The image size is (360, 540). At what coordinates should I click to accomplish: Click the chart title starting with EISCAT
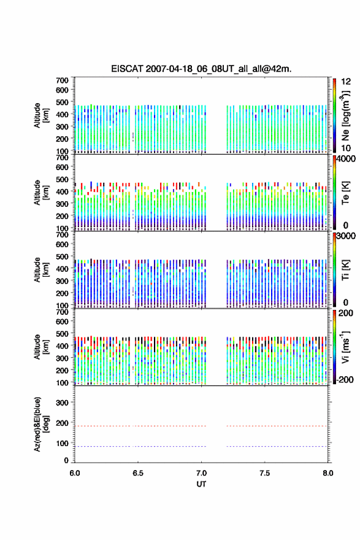[x=201, y=69]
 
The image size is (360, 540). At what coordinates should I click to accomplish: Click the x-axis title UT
[x=201, y=484]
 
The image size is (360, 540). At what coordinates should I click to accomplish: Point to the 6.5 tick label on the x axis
[x=138, y=473]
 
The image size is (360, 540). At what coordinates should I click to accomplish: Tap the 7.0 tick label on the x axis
[x=201, y=473]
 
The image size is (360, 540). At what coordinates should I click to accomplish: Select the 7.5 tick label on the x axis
[x=265, y=473]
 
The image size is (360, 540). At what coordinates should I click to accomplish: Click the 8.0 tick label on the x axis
[x=328, y=473]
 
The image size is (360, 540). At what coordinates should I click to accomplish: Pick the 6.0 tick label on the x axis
[x=75, y=473]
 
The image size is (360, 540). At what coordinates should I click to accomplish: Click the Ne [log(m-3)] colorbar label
[x=345, y=116]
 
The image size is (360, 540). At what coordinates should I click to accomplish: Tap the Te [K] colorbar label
[x=345, y=193]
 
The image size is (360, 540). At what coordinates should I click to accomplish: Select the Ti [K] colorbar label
[x=345, y=270]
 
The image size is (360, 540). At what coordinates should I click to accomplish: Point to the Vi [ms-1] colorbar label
[x=345, y=347]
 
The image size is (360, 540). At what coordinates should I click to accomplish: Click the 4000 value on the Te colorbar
[x=346, y=159]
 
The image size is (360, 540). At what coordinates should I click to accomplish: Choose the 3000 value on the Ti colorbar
[x=346, y=236]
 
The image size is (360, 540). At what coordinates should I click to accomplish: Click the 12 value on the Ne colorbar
[x=346, y=82]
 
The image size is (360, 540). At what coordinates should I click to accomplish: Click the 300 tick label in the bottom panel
[x=62, y=403]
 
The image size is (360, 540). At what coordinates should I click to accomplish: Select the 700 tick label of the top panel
[x=62, y=80]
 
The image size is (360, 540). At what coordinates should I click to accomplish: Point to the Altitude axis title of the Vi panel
[x=41, y=347]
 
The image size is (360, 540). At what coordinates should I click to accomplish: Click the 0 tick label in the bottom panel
[x=66, y=460]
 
